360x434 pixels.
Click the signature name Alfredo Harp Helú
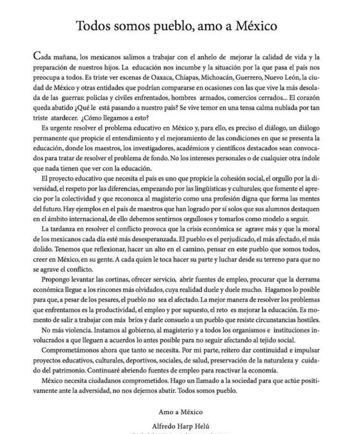coord(180,426)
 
